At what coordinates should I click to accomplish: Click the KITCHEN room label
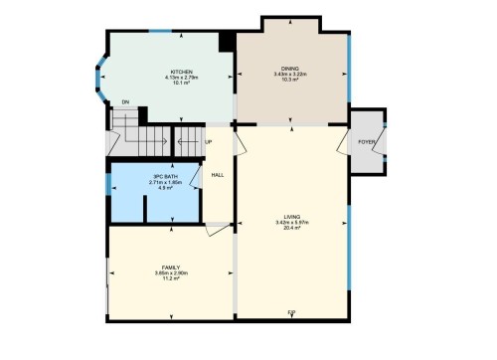pos(181,72)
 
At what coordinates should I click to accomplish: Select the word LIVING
pos(291,216)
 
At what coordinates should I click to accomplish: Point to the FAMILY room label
pos(169,268)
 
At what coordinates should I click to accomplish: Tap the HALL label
pos(218,176)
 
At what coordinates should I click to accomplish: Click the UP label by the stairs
pos(208,142)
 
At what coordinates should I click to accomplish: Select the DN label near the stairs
pos(125,102)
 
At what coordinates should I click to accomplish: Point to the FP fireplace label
pos(291,314)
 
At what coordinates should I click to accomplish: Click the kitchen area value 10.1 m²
pos(181,84)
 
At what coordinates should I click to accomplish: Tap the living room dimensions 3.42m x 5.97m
pos(291,222)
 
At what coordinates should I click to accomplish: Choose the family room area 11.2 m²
pos(169,279)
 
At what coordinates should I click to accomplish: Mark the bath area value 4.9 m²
pos(162,188)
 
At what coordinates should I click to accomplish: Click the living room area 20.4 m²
pos(291,228)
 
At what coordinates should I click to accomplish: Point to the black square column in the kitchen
pos(228,41)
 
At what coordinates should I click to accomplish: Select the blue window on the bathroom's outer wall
pos(108,185)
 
